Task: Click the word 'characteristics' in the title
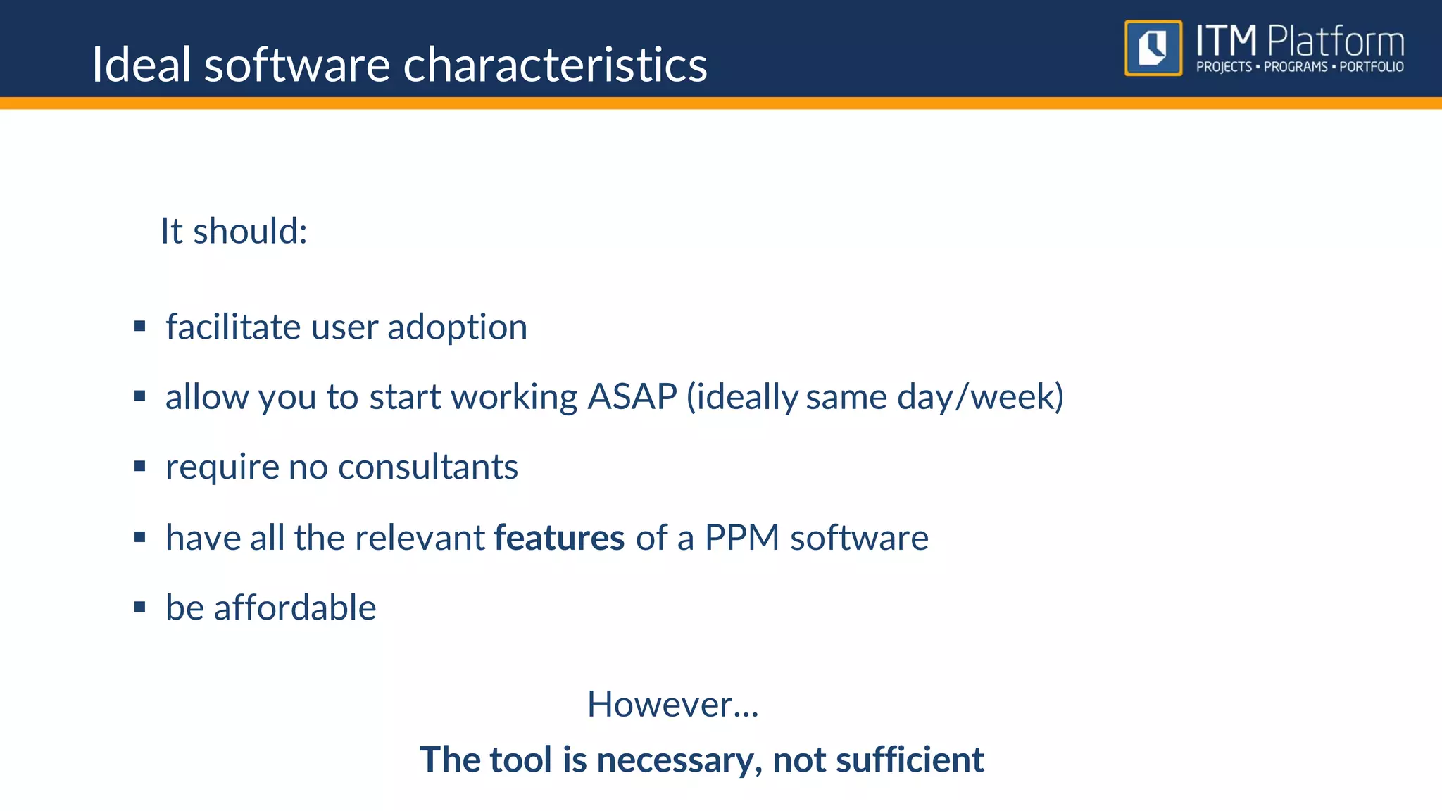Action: pos(555,65)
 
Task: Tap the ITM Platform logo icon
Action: pos(1153,48)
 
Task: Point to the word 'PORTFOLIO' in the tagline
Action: pos(1371,67)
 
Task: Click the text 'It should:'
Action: pos(234,231)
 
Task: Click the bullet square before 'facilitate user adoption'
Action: pos(139,326)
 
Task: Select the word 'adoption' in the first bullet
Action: pos(457,327)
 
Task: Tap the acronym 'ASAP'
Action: pos(632,396)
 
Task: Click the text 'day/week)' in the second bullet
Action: pos(980,397)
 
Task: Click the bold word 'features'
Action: pos(559,538)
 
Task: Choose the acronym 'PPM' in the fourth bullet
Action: pos(741,538)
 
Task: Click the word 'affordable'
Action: pos(294,608)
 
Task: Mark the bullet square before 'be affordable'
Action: pos(139,607)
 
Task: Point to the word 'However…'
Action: pos(672,704)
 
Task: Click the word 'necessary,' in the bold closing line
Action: pos(679,760)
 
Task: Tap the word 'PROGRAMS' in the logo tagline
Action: pos(1295,67)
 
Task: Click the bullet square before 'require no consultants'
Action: pos(139,466)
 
